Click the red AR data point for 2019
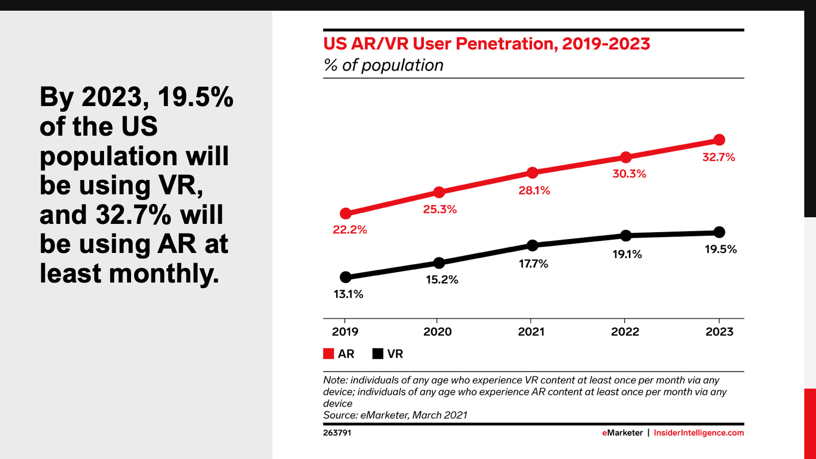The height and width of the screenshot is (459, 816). point(345,213)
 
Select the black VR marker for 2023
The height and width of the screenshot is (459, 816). point(719,232)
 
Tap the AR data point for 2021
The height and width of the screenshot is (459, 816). point(532,173)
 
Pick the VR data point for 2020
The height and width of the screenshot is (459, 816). point(439,263)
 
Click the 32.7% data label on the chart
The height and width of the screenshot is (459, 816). point(719,157)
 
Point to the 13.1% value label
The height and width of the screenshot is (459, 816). point(348,294)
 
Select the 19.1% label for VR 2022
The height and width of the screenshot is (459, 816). point(627,254)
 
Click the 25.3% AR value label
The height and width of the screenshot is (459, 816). point(440,209)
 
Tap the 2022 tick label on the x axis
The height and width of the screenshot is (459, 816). point(625,331)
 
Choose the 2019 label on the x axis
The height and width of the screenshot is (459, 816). point(345,331)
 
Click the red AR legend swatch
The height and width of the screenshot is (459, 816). point(328,353)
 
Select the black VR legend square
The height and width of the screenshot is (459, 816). point(378,353)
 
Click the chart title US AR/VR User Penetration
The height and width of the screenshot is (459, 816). point(487,44)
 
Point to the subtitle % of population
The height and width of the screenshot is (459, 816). point(383,65)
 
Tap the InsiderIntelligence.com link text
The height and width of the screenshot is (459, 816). point(699,432)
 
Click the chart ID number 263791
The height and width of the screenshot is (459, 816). point(337,432)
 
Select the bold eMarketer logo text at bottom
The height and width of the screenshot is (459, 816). point(622,432)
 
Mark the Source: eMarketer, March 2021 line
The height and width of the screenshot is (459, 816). point(395,415)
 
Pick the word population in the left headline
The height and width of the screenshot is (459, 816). point(108,156)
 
